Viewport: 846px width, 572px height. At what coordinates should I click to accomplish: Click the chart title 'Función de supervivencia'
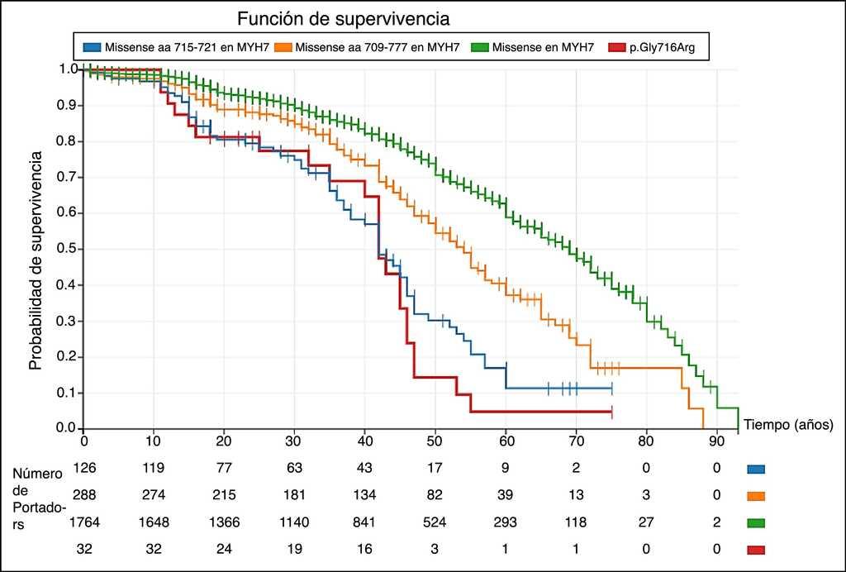pyautogui.click(x=343, y=18)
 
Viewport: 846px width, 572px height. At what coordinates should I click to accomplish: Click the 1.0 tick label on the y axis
pyautogui.click(x=68, y=69)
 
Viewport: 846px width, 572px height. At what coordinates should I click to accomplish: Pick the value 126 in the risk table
pyautogui.click(x=84, y=468)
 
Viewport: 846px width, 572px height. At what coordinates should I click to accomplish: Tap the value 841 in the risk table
pyautogui.click(x=365, y=522)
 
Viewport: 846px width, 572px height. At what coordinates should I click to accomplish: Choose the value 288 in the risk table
pyautogui.click(x=84, y=495)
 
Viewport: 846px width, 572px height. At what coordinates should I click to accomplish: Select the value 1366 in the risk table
pyautogui.click(x=225, y=522)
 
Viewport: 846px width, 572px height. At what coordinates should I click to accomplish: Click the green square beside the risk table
pyautogui.click(x=755, y=522)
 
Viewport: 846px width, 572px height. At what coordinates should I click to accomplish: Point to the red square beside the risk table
pyautogui.click(x=755, y=550)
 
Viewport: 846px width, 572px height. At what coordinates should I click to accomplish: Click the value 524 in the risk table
pyautogui.click(x=435, y=522)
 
